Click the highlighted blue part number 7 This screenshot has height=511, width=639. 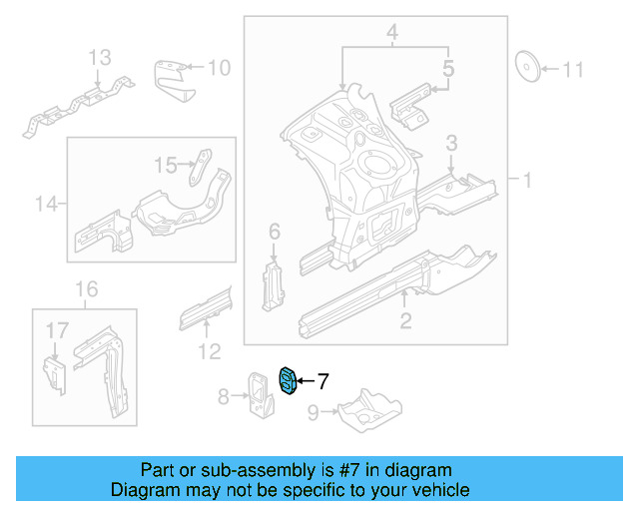click(288, 380)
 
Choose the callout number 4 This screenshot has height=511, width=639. click(393, 36)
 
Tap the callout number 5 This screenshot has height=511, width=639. click(448, 69)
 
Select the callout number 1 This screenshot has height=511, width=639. click(526, 180)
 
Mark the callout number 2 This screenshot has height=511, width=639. click(404, 319)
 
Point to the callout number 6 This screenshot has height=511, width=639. click(275, 233)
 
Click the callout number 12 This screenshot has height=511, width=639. click(209, 350)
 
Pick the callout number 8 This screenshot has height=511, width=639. click(224, 396)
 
